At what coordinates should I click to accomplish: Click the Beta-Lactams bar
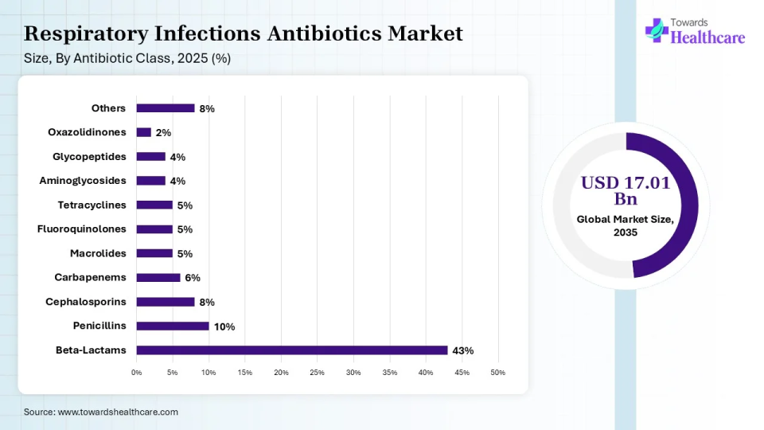point(291,350)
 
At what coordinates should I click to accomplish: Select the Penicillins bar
point(172,326)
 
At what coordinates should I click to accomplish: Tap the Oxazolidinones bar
point(143,132)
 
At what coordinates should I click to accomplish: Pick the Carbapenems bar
point(158,278)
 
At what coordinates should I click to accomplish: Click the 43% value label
point(463,350)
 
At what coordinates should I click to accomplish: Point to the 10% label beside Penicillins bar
point(224,326)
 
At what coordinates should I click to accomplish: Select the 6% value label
point(193,278)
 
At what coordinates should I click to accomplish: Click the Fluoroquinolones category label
point(82,229)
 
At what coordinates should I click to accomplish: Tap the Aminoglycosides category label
point(83,181)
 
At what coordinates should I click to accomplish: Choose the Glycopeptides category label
point(89,157)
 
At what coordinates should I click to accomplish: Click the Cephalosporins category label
point(86,302)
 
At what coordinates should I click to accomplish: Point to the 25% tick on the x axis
point(317,373)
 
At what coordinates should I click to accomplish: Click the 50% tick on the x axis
point(498,373)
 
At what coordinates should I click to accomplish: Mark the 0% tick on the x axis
point(136,373)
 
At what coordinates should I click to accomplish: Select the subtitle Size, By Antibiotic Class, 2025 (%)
point(127,58)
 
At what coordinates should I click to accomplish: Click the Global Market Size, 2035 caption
point(626,225)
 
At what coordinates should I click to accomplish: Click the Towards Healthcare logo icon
point(657,30)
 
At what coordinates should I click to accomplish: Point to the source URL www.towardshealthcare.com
point(118,412)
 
